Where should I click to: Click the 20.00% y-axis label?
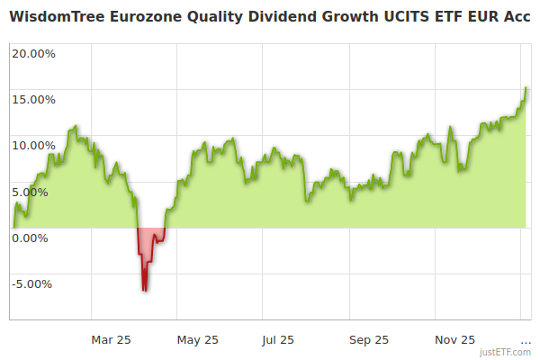[x=33, y=53]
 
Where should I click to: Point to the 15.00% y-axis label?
[x=33, y=99]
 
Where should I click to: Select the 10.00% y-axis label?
[x=33, y=145]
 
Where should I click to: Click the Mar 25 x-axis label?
[x=112, y=339]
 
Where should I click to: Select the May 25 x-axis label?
[x=197, y=339]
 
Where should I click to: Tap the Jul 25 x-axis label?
[x=278, y=339]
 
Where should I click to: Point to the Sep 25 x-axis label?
[x=368, y=339]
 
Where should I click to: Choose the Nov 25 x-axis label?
[x=454, y=339]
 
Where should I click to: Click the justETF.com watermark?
[x=507, y=353]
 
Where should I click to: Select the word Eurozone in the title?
[x=148, y=15]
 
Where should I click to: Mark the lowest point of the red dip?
[x=144, y=290]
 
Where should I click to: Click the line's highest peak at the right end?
[x=526, y=88]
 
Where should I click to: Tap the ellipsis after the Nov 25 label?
[x=526, y=341]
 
